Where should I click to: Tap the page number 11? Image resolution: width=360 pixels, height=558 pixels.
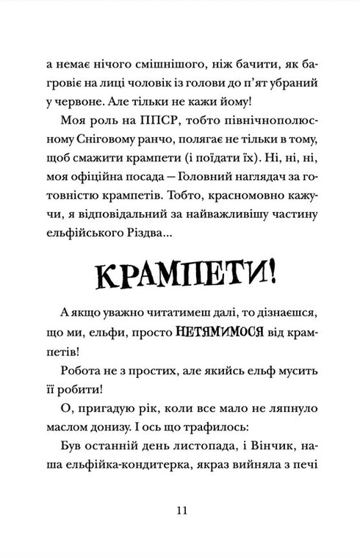pyautogui.click(x=180, y=511)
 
